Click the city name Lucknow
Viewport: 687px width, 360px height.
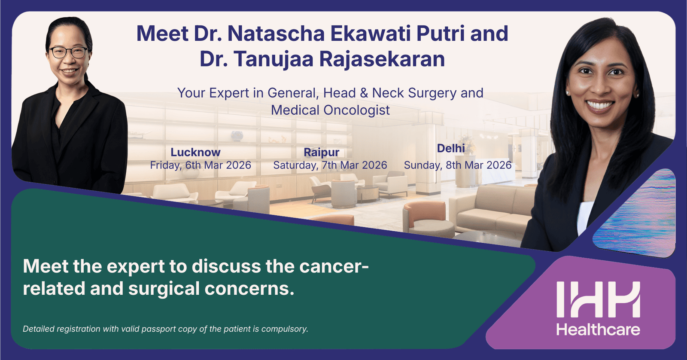195,152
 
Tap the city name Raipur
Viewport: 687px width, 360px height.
322,153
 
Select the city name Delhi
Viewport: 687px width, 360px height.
451,148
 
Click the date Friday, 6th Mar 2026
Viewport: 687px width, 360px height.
201,165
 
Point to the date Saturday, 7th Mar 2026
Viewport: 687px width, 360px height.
330,165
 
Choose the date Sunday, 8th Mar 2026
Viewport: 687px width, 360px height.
458,165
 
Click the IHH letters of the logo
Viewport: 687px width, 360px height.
599,299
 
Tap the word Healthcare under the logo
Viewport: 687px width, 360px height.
599,330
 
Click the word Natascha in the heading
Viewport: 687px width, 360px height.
276,34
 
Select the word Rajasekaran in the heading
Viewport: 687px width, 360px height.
382,59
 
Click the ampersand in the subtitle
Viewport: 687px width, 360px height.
364,93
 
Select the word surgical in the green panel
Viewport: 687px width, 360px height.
164,289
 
